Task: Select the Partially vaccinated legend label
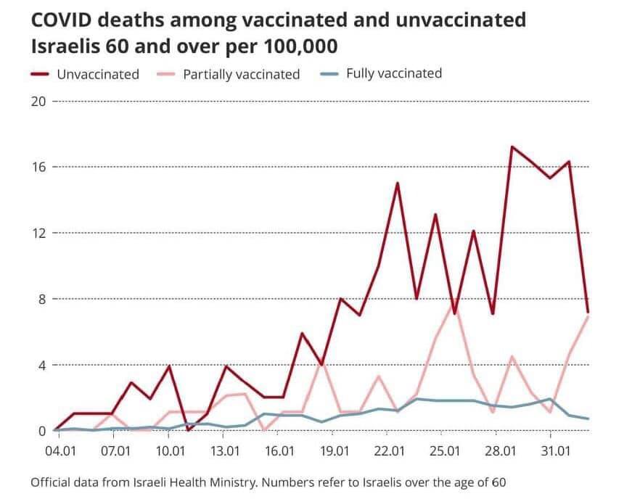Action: coord(241,74)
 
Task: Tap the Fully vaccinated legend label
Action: coord(393,73)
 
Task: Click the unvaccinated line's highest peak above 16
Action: coord(512,147)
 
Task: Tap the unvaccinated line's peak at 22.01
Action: coord(398,183)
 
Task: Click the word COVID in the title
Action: coord(61,20)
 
